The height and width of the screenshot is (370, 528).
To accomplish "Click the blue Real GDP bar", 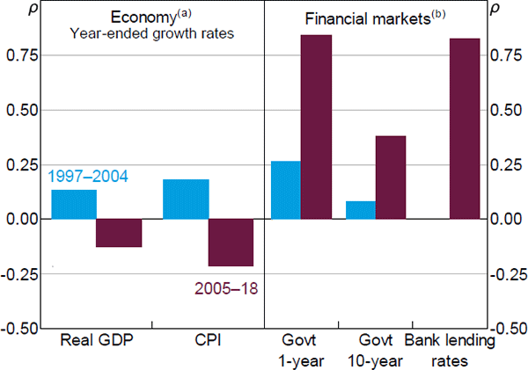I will click(74, 204).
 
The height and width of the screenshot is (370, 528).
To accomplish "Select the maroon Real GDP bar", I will click(119, 233).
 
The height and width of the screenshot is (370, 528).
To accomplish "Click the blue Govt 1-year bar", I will click(285, 190).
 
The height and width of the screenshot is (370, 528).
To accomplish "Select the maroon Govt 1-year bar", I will click(316, 127).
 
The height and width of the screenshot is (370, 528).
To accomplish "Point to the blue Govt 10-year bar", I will click(361, 210).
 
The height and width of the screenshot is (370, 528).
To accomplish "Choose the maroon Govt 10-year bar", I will click(392, 178).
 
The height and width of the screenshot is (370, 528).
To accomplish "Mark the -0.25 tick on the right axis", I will click(507, 273).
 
